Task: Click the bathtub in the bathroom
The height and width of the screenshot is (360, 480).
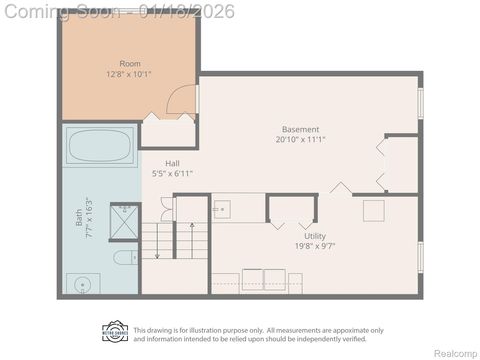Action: coord(100,147)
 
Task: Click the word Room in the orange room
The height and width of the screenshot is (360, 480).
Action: coord(130,63)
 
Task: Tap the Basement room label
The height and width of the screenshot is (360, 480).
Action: coord(300,129)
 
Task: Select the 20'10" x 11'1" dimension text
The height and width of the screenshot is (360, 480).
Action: coord(300,140)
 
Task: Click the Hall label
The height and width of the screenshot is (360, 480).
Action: coord(172,163)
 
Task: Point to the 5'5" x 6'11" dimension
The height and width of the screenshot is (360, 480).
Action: coord(172,174)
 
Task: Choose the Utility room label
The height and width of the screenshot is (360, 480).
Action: coord(316,237)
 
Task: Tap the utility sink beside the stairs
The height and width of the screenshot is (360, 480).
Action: coord(223,209)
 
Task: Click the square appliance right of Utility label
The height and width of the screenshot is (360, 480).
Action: coord(373,210)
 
